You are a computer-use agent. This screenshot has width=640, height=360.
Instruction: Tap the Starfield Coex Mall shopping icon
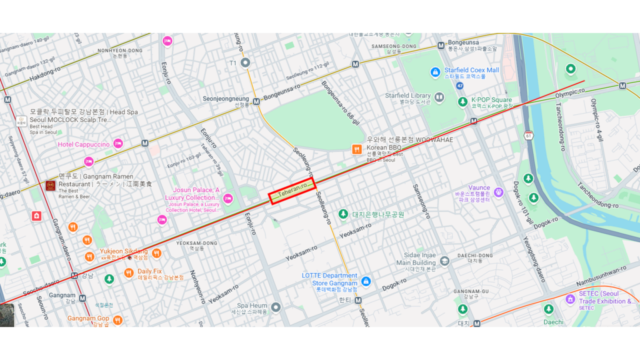pyautogui.click(x=436, y=73)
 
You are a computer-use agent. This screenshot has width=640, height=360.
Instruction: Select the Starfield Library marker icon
pyautogui.click(x=439, y=97)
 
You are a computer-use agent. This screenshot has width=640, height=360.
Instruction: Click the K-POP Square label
pyautogui.click(x=491, y=100)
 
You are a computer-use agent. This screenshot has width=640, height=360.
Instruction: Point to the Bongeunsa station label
pyautogui.click(x=463, y=42)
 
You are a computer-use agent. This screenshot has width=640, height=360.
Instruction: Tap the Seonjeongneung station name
pyautogui.click(x=226, y=99)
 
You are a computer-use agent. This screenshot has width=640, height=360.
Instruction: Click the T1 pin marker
pyautogui.click(x=246, y=62)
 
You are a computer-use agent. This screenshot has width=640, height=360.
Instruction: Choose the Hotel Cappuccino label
pyautogui.click(x=84, y=144)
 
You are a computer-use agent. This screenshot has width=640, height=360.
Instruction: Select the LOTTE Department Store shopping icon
pyautogui.click(x=366, y=282)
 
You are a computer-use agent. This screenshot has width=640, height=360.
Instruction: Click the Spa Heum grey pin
pyautogui.click(x=276, y=307)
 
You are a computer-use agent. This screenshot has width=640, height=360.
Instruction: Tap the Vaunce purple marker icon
pyautogui.click(x=499, y=192)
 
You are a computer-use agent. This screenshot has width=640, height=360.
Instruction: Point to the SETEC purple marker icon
pyautogui.click(x=570, y=299)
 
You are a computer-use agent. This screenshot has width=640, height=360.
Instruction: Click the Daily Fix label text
pyautogui.click(x=149, y=271)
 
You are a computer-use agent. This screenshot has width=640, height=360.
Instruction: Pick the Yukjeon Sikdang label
pyautogui.click(x=124, y=251)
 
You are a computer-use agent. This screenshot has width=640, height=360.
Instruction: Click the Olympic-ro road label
pyautogui.click(x=570, y=92)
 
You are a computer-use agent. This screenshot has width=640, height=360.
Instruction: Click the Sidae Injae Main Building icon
pyautogui.click(x=444, y=261)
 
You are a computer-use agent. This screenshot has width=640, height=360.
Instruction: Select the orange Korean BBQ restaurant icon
pyautogui.click(x=357, y=149)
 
